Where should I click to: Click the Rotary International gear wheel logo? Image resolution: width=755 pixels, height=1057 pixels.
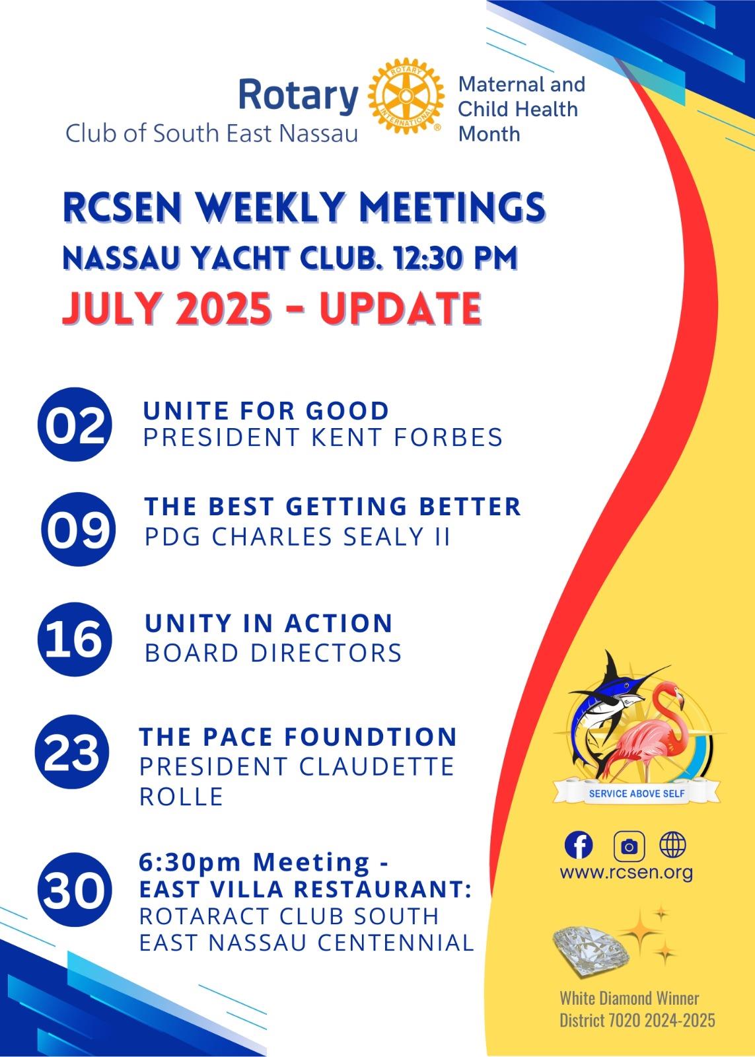[406, 96]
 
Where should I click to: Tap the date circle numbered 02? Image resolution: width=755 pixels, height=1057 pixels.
[75, 424]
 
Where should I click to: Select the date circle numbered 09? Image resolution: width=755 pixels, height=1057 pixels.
[79, 529]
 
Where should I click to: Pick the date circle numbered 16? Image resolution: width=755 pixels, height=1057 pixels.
[75, 639]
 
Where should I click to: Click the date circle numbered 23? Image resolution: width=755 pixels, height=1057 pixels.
[72, 752]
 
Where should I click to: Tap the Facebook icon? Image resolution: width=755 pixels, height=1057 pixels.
[579, 845]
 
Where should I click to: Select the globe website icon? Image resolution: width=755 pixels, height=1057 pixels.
[673, 845]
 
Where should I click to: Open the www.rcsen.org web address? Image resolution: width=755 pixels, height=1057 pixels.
[626, 873]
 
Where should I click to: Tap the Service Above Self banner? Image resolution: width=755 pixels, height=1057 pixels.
[637, 793]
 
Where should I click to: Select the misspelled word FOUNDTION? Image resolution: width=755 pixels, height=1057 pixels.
[371, 737]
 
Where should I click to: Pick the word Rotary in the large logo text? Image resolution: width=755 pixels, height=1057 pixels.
[299, 96]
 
